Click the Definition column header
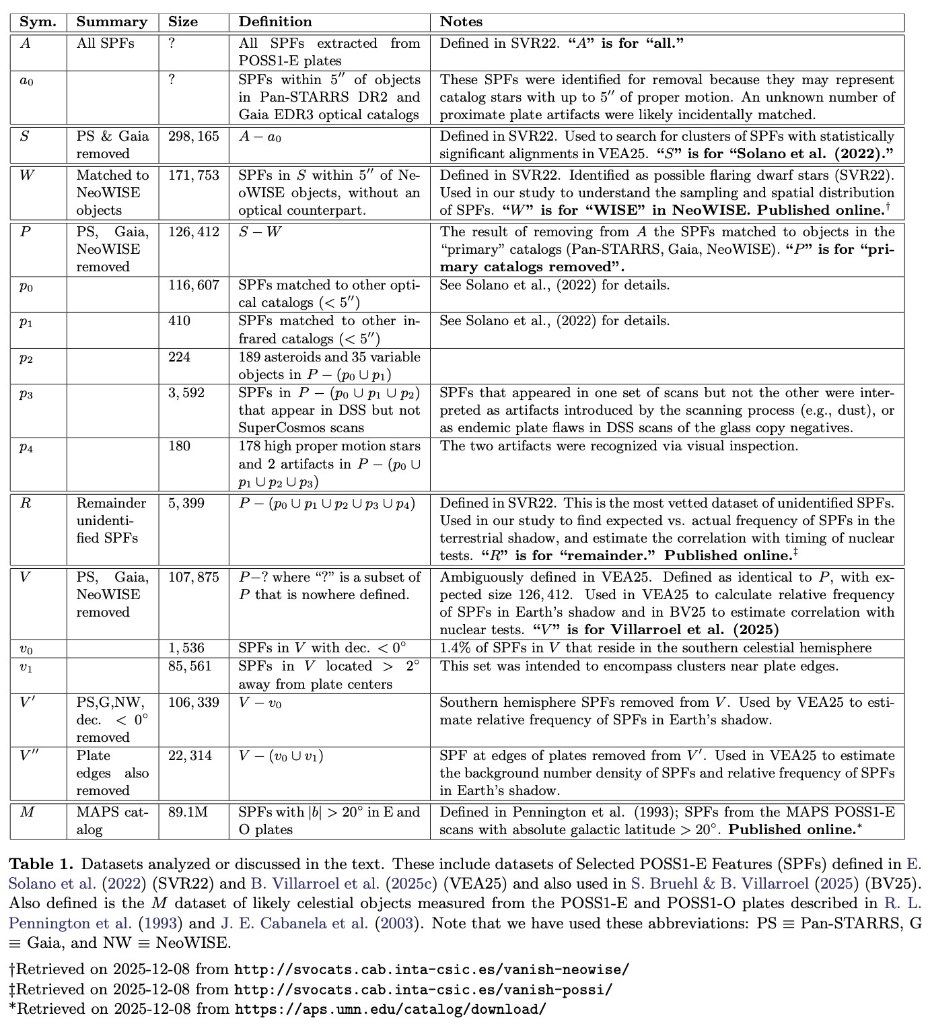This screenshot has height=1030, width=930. (275, 22)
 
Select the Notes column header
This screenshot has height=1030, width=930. (461, 22)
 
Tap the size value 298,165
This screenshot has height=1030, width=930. (194, 136)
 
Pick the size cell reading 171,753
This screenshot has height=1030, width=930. (194, 175)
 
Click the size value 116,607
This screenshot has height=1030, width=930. (194, 285)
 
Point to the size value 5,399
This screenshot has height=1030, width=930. (186, 503)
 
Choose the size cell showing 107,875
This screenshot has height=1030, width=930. (194, 577)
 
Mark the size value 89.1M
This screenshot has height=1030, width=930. (188, 812)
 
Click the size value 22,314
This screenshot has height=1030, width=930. (190, 755)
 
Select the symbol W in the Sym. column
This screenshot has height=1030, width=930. (26, 175)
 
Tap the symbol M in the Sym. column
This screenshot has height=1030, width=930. (27, 812)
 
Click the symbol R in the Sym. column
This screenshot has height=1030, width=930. (26, 503)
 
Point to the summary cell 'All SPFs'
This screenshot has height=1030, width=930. (105, 43)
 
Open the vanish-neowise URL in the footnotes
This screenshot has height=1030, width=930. (431, 970)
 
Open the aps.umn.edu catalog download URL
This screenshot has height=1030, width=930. (390, 1009)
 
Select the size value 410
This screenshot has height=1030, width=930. (180, 320)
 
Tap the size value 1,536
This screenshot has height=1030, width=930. (186, 648)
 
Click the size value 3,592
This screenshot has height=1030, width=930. (186, 392)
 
